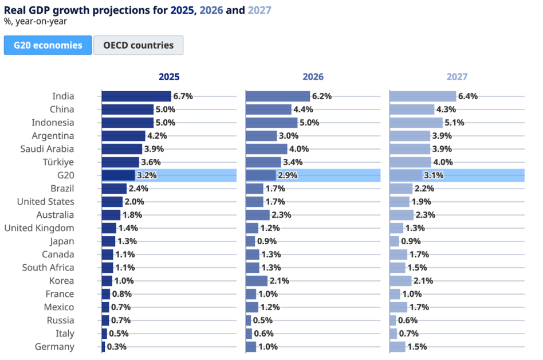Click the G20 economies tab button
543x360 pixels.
pos(48,45)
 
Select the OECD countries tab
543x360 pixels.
pos(138,45)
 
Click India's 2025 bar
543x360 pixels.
pos(136,96)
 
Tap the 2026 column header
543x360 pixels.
pos(313,77)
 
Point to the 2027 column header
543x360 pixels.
pos(457,77)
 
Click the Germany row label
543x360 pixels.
pos(54,347)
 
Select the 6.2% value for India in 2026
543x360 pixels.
pos(322,96)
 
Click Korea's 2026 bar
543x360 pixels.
pos(256,281)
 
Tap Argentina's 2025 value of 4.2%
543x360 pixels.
pos(157,136)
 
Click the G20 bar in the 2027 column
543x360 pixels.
pos(406,175)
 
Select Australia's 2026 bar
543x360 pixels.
pos(257,215)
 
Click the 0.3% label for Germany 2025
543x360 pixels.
pos(117,347)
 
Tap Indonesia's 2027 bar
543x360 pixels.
pos(416,123)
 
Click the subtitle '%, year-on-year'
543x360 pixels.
pos(36,22)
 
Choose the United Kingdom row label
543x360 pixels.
pos(39,228)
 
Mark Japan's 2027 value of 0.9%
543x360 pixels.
pos(411,241)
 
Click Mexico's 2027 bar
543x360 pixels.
pos(398,307)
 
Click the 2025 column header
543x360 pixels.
pos(169,77)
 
